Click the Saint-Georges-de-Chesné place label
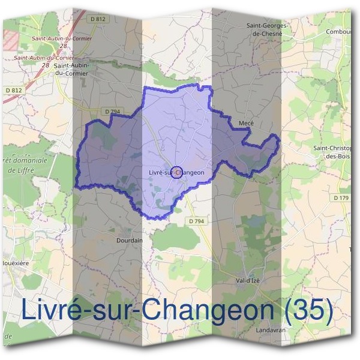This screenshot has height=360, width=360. tap(268, 30)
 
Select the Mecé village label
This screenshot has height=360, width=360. tap(246, 123)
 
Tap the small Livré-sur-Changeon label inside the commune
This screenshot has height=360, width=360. tap(176, 173)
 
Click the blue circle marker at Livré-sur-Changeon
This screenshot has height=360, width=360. tap(176, 173)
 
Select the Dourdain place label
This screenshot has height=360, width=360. tap(129, 240)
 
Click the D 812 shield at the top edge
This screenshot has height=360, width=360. tap(99, 19)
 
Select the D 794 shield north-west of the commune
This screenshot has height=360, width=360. tap(112, 111)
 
